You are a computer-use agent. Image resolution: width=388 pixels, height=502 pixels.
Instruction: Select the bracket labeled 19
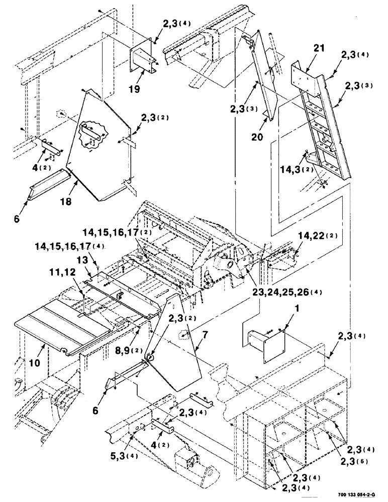pos(144,58)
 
